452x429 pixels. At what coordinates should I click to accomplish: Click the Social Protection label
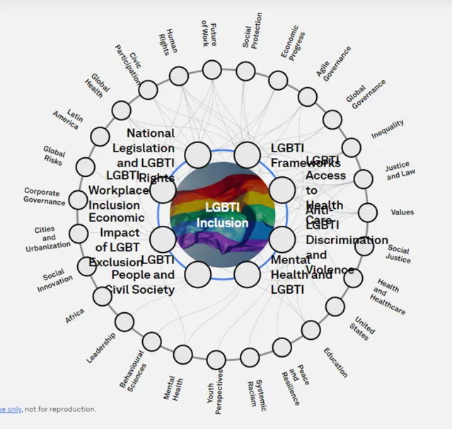252,31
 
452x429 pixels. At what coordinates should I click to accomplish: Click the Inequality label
388,129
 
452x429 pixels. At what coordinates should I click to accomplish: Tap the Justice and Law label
397,171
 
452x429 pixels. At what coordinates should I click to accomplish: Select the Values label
402,212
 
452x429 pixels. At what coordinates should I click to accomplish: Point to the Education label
335,362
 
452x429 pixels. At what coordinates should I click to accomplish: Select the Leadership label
101,348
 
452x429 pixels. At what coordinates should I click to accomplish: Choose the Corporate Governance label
45,196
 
